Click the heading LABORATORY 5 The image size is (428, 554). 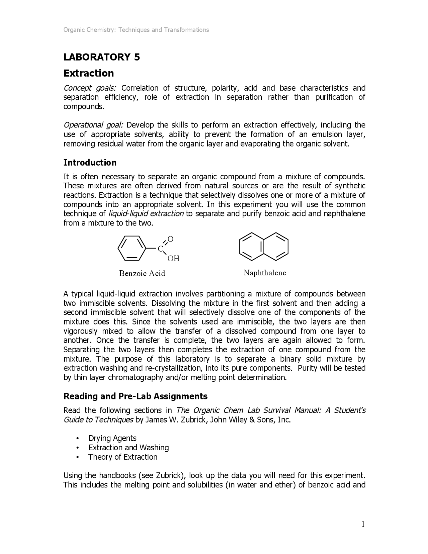tap(102, 57)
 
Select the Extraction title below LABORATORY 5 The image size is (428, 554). tap(89, 73)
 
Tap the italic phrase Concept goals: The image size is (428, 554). tap(90, 88)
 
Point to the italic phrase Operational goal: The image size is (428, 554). tap(94, 125)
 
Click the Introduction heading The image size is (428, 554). tap(90, 163)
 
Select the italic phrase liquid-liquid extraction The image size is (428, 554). tap(146, 214)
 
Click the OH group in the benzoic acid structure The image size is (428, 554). tap(173, 259)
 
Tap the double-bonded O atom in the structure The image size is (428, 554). tap(171, 239)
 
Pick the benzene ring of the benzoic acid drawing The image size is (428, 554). tap(132, 248)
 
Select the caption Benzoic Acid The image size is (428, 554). tap(142, 273)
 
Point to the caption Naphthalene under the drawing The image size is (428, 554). tap(265, 273)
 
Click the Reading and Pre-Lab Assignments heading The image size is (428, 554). tap(135, 396)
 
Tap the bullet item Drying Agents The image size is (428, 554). tap(112, 438)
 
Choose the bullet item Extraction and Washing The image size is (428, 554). tap(128, 448)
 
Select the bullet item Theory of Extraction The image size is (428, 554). tap(123, 457)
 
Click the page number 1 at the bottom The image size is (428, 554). tap(363, 524)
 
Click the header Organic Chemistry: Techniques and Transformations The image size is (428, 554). tap(136, 30)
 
